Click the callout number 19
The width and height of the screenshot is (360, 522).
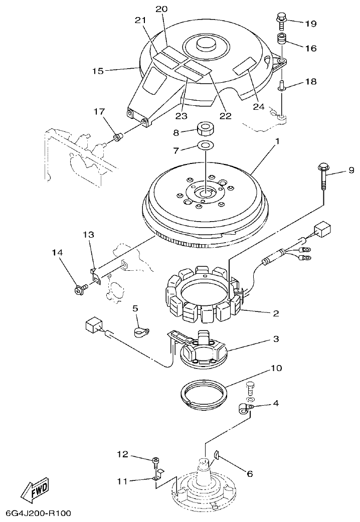[x=311, y=24]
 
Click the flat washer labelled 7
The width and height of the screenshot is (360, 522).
[x=205, y=145]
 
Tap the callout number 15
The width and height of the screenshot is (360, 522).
[x=97, y=71]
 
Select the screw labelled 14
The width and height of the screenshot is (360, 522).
[x=79, y=288]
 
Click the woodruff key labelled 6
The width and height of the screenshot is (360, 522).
[x=217, y=454]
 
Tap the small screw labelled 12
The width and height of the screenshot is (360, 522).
[x=156, y=460]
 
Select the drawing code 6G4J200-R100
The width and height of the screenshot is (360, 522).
[x=39, y=513]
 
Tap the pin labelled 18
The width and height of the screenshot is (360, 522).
[x=282, y=86]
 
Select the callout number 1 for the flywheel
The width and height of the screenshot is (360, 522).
[x=276, y=142]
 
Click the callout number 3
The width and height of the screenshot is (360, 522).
[x=276, y=339]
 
